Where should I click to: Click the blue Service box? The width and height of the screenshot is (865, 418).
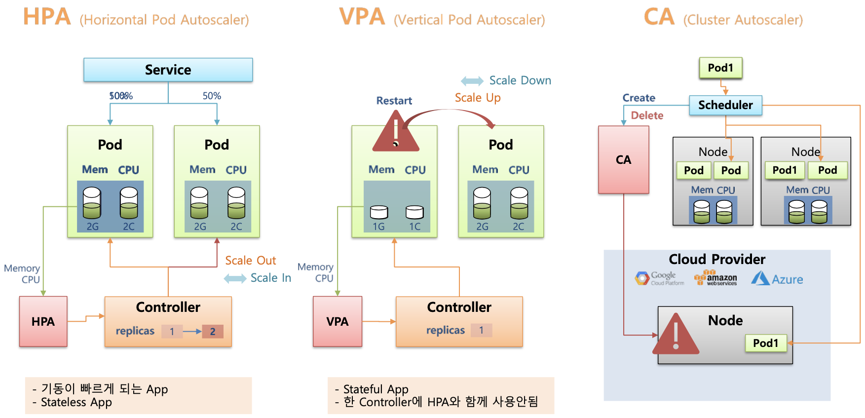(x=168, y=70)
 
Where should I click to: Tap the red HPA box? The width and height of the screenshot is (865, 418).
(x=43, y=321)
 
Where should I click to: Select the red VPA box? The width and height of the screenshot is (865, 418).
(x=338, y=321)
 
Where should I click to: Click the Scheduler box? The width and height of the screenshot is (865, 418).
(x=725, y=105)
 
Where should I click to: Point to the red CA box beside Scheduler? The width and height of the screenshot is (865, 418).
(x=623, y=159)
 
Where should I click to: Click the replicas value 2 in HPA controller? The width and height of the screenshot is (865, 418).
(x=213, y=331)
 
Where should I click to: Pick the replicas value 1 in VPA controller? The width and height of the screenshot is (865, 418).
(x=481, y=330)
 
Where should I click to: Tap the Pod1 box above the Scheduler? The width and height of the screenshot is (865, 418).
(x=720, y=68)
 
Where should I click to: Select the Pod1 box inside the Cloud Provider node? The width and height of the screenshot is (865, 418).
(x=765, y=343)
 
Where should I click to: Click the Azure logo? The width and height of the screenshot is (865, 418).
(x=777, y=279)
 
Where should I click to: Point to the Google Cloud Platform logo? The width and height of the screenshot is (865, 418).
(x=660, y=278)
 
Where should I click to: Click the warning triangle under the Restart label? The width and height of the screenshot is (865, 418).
(x=396, y=133)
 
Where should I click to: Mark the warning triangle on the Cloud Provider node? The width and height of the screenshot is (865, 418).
(x=676, y=336)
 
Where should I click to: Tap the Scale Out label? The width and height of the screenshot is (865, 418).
(x=250, y=261)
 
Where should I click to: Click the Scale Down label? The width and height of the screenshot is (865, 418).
(x=520, y=80)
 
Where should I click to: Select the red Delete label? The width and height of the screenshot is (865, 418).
(x=647, y=115)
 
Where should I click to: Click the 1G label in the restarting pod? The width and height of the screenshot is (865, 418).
(x=378, y=227)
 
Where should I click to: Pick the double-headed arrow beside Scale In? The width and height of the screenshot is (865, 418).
(x=235, y=278)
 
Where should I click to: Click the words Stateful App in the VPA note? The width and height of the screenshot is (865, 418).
(x=376, y=389)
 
